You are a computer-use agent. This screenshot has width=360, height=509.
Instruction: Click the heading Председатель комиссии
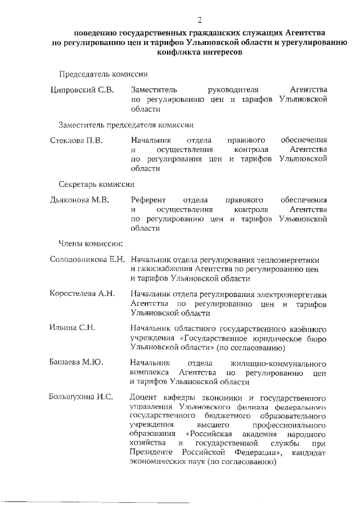pyautogui.click(x=103, y=74)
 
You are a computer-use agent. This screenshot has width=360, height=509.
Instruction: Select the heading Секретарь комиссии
pyautogui.click(x=96, y=184)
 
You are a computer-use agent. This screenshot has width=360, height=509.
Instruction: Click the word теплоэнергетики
pyautogui.click(x=287, y=260)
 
